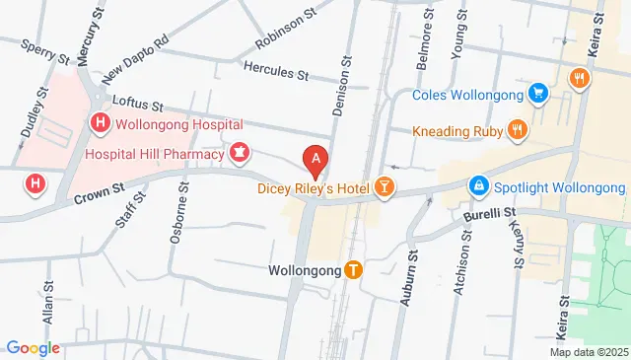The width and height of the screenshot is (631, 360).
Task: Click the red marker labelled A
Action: pyautogui.click(x=315, y=158)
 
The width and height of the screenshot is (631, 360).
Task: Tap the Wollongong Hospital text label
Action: pyautogui.click(x=179, y=124)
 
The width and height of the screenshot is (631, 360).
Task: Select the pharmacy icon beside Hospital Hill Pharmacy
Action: pyautogui.click(x=239, y=153)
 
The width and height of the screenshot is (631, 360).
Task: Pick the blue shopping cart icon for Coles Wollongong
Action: pyautogui.click(x=538, y=95)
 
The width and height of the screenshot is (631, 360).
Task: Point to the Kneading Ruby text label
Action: pyautogui.click(x=455, y=130)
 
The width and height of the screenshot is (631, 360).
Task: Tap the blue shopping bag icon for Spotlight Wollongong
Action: pyautogui.click(x=478, y=186)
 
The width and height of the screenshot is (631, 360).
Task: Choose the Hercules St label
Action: pyautogui.click(x=277, y=73)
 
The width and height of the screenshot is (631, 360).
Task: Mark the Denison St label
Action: pyautogui.click(x=346, y=87)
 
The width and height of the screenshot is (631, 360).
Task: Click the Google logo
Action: pyautogui.click(x=33, y=347)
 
